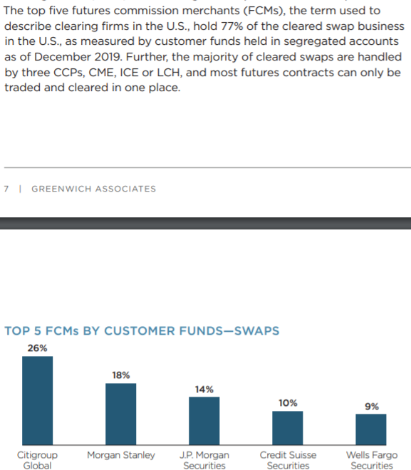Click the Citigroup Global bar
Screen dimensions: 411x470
coord(38,400)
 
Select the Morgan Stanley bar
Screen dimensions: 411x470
coord(121,414)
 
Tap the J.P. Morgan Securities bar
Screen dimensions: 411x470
coord(204,421)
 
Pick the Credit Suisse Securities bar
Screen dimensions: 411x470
coord(288,428)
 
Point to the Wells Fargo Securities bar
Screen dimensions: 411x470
coord(371,429)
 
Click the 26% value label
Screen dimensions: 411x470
coord(38,348)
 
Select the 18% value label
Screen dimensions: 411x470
coord(121,375)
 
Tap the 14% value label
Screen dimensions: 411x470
coord(204,390)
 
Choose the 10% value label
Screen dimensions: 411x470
coord(288,403)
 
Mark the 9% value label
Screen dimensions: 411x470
coord(372,407)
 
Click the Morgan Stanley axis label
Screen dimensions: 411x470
coord(121,455)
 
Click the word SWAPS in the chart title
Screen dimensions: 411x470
coord(256,331)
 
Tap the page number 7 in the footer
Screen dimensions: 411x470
coord(6,189)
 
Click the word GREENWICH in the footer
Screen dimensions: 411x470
coord(61,189)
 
